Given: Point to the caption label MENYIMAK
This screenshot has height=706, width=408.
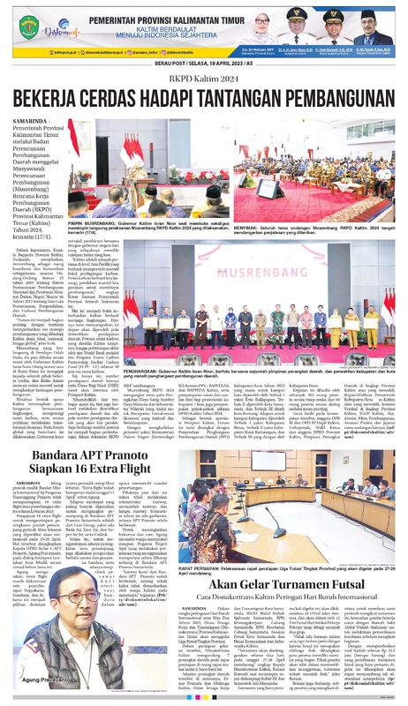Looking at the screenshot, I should (249, 225).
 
